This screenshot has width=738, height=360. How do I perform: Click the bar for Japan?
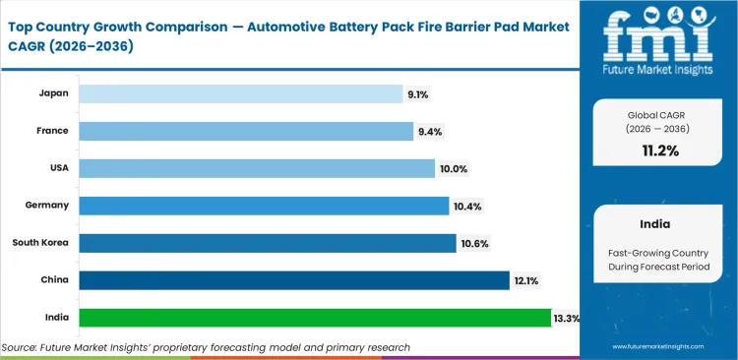(x=241, y=93)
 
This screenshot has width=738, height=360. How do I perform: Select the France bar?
(x=246, y=131)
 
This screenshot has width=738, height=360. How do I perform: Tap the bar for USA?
(x=257, y=168)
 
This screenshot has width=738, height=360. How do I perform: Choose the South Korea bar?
(x=268, y=243)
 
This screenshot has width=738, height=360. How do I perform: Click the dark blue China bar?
(x=294, y=280)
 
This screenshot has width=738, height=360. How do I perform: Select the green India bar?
(x=315, y=318)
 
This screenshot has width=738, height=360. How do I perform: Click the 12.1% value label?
(x=525, y=280)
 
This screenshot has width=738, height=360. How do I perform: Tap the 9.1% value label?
(x=418, y=93)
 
